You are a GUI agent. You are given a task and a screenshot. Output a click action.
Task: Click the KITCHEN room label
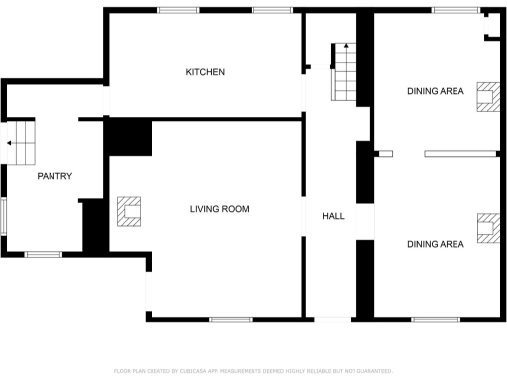(206, 72)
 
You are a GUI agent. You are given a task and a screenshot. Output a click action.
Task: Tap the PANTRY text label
(54, 176)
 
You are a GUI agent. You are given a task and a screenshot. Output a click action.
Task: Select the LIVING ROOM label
(220, 209)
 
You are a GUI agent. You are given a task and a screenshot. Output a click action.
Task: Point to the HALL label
(332, 215)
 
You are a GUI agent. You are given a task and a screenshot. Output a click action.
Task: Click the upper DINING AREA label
(435, 91)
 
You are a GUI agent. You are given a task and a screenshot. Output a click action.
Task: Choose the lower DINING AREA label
(435, 244)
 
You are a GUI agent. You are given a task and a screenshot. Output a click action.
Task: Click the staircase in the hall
(343, 72)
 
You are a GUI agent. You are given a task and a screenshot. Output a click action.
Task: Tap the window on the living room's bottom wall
(230, 319)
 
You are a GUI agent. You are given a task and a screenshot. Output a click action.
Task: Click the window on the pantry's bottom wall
(43, 255)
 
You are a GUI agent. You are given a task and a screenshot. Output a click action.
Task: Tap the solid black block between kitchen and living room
(128, 137)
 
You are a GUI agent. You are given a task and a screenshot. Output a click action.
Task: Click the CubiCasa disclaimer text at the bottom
(253, 370)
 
